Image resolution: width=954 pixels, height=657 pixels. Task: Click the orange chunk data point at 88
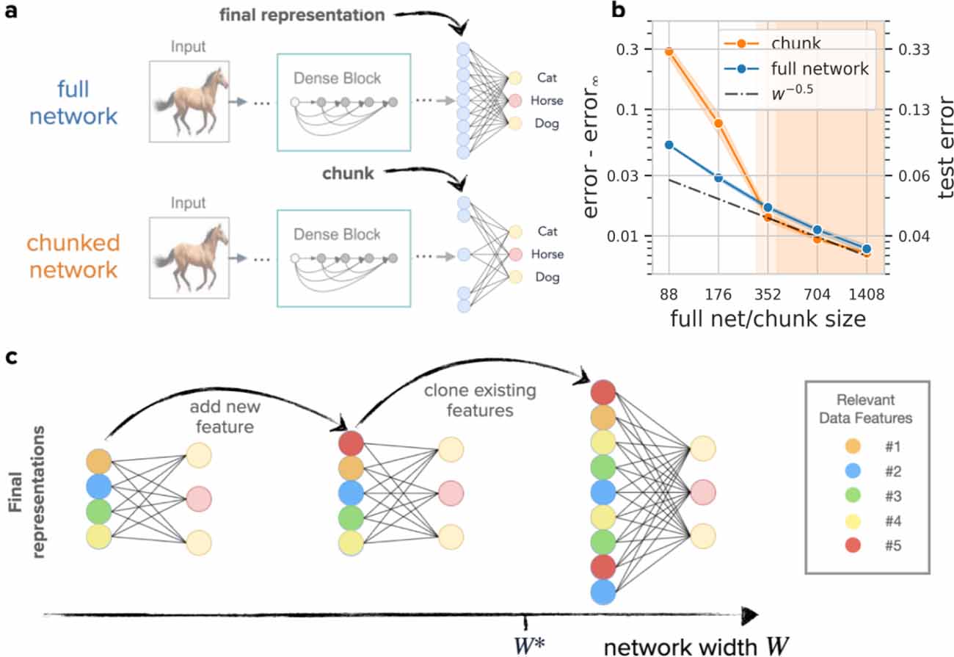pyautogui.click(x=669, y=51)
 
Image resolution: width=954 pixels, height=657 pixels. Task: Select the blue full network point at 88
pyautogui.click(x=669, y=145)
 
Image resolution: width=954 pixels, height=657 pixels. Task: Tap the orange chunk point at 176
pyautogui.click(x=718, y=123)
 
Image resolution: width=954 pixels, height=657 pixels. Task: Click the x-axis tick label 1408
pyautogui.click(x=867, y=296)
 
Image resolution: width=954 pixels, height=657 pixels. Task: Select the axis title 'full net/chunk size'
pyautogui.click(x=767, y=321)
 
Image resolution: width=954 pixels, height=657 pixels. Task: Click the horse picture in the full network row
pyautogui.click(x=186, y=101)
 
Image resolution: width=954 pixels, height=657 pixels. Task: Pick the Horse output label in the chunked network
pyautogui.click(x=550, y=254)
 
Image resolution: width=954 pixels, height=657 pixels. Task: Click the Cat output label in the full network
pyautogui.click(x=547, y=77)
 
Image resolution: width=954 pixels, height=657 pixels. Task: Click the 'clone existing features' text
pyautogui.click(x=469, y=400)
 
